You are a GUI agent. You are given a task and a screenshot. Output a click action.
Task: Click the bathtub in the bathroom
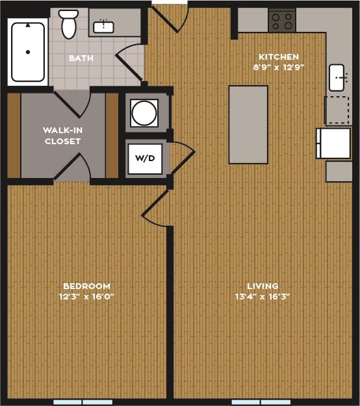28,52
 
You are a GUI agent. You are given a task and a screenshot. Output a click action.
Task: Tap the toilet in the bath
68,24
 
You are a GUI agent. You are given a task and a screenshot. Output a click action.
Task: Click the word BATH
81,58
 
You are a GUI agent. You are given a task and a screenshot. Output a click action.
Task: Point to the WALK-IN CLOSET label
63,135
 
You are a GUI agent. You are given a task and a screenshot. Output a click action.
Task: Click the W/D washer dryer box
144,159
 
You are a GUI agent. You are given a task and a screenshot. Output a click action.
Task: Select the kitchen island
248,124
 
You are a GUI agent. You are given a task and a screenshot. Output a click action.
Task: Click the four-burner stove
282,21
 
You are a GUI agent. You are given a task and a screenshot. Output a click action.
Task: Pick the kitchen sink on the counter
337,77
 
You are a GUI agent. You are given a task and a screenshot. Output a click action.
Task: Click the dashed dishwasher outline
337,110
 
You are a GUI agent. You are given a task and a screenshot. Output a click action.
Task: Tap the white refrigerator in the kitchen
333,143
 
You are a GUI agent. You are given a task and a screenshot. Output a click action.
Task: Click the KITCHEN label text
279,57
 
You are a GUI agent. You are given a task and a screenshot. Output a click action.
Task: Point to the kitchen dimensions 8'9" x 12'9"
279,67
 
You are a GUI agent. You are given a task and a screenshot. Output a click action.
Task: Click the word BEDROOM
86,286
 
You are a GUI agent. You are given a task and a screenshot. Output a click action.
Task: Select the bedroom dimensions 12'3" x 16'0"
86,296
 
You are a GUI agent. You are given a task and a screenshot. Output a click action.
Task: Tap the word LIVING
263,286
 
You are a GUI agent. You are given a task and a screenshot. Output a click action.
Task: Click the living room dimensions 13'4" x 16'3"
263,296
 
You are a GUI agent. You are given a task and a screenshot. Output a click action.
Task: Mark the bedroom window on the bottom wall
83,402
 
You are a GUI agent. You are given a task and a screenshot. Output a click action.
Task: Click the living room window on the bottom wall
261,402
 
